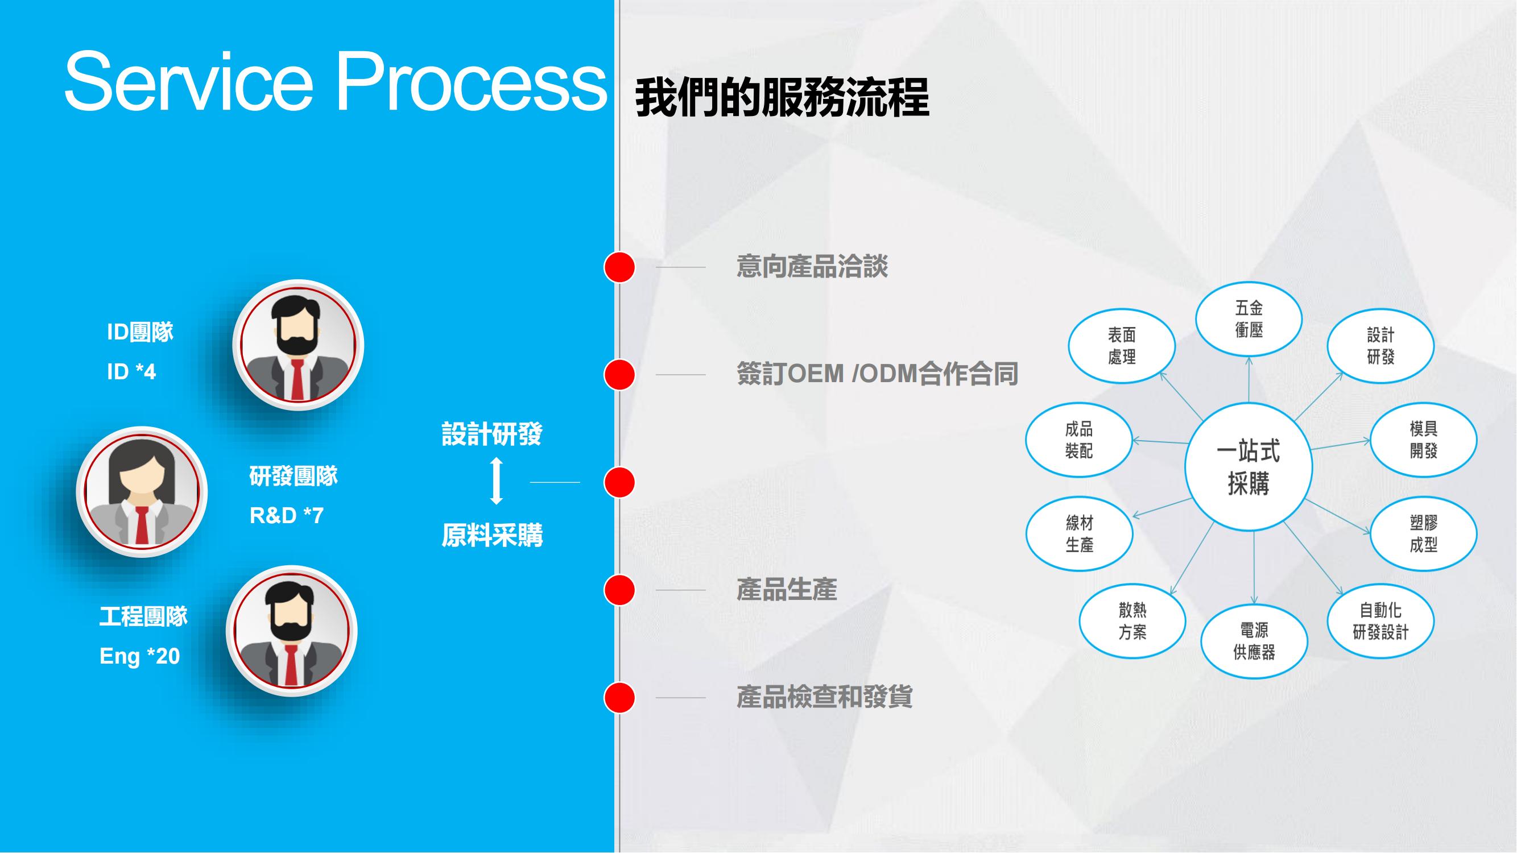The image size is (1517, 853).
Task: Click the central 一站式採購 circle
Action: click(x=1248, y=467)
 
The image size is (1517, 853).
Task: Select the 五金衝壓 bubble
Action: click(x=1249, y=318)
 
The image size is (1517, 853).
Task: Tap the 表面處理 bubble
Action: click(x=1121, y=346)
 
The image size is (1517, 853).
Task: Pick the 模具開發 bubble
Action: click(x=1423, y=439)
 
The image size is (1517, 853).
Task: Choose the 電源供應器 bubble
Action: click(x=1254, y=641)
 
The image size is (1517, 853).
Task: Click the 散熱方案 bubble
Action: click(x=1132, y=621)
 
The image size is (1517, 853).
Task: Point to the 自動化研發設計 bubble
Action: click(x=1380, y=621)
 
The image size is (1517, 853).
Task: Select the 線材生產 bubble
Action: click(x=1079, y=533)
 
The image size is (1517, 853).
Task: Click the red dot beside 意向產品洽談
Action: click(x=619, y=267)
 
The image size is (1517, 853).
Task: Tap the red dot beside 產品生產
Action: click(x=619, y=590)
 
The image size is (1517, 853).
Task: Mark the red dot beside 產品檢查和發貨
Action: click(x=619, y=698)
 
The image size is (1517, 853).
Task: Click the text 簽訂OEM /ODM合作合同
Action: click(x=878, y=374)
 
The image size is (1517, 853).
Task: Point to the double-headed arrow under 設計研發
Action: click(x=497, y=481)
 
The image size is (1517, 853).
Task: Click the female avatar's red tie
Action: click(x=142, y=525)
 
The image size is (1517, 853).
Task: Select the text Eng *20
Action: click(x=139, y=656)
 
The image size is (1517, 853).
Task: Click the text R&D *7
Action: click(x=287, y=516)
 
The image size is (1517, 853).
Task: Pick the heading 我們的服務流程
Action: click(x=782, y=98)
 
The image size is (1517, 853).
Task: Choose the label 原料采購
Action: click(x=493, y=535)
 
